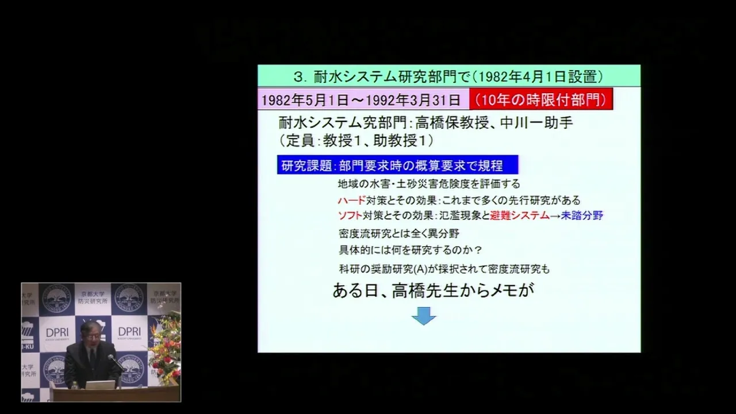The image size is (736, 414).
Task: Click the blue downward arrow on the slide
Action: pyautogui.click(x=424, y=316)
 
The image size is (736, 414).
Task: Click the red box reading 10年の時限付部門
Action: pyautogui.click(x=541, y=99)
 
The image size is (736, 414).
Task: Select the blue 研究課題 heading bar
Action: pyautogui.click(x=397, y=164)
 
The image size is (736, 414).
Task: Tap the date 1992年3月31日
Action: pyautogui.click(x=413, y=100)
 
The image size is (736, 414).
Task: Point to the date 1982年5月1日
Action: pyautogui.click(x=305, y=100)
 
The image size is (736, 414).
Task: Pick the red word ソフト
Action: pyautogui.click(x=350, y=216)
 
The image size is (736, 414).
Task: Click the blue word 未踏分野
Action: pyautogui.click(x=582, y=216)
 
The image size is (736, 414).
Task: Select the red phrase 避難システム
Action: pyautogui.click(x=519, y=216)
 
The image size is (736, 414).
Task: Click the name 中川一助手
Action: pyautogui.click(x=536, y=123)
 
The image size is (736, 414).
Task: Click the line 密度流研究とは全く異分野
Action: pyautogui.click(x=399, y=233)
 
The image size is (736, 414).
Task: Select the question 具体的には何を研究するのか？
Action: pyautogui.click(x=411, y=250)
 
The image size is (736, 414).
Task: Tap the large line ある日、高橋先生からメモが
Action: pyautogui.click(x=434, y=290)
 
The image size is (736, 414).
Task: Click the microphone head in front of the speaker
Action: pyautogui.click(x=111, y=357)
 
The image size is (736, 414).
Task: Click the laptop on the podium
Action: pyautogui.click(x=100, y=385)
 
